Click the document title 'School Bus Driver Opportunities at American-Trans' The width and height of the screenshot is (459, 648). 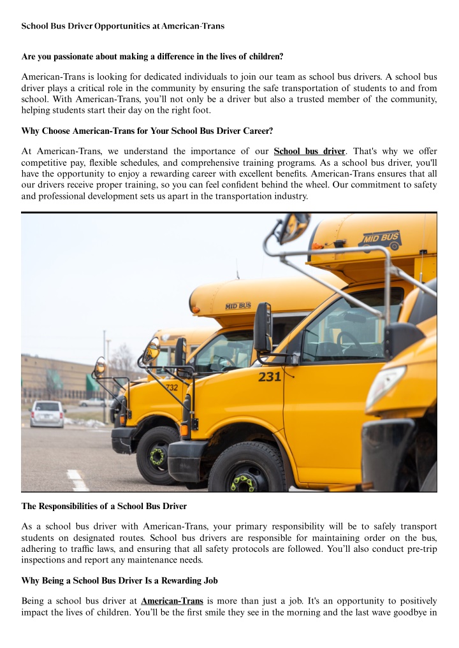[122, 26]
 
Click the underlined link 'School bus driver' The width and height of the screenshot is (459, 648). [309, 152]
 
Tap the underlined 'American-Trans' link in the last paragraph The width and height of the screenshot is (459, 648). [171, 601]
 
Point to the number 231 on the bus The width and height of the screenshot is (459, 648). [270, 377]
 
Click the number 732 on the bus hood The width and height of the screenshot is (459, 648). [171, 387]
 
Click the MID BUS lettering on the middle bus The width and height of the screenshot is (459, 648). [238, 306]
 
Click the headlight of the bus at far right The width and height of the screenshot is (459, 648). [385, 386]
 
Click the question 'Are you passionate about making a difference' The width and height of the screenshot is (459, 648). [152, 56]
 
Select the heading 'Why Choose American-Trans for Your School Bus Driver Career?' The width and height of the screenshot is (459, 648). [147, 131]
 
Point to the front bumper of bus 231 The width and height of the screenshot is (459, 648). [187, 459]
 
